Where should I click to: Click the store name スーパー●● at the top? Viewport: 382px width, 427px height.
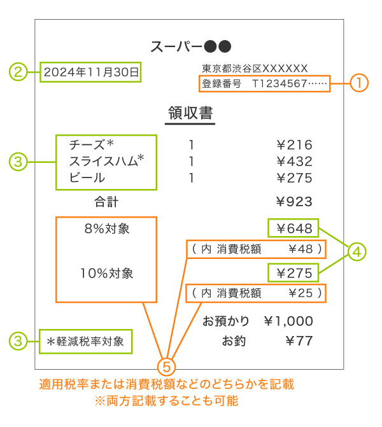click(x=191, y=46)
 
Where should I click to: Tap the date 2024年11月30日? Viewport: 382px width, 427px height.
click(x=91, y=72)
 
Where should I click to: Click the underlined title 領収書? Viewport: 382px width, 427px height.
click(x=190, y=113)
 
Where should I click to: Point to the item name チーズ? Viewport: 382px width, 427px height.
click(x=87, y=144)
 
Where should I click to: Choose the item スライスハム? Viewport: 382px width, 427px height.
click(x=104, y=161)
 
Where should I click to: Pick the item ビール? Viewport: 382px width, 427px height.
click(x=87, y=178)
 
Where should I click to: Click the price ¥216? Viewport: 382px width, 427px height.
click(x=294, y=144)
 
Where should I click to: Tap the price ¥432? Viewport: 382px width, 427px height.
click(x=294, y=161)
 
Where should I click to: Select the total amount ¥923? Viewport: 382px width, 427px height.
click(x=294, y=202)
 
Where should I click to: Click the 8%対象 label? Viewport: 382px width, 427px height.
click(x=107, y=228)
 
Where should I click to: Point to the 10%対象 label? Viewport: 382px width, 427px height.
click(x=107, y=273)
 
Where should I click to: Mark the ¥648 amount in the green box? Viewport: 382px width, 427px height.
click(x=294, y=228)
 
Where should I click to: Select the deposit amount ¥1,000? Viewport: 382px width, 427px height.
click(x=288, y=321)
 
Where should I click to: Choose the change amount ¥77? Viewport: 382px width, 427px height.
click(x=299, y=340)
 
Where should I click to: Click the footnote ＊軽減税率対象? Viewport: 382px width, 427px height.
click(x=85, y=342)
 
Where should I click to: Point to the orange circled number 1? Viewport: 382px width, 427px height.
click(x=359, y=83)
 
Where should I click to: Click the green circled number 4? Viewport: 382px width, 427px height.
click(x=357, y=252)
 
